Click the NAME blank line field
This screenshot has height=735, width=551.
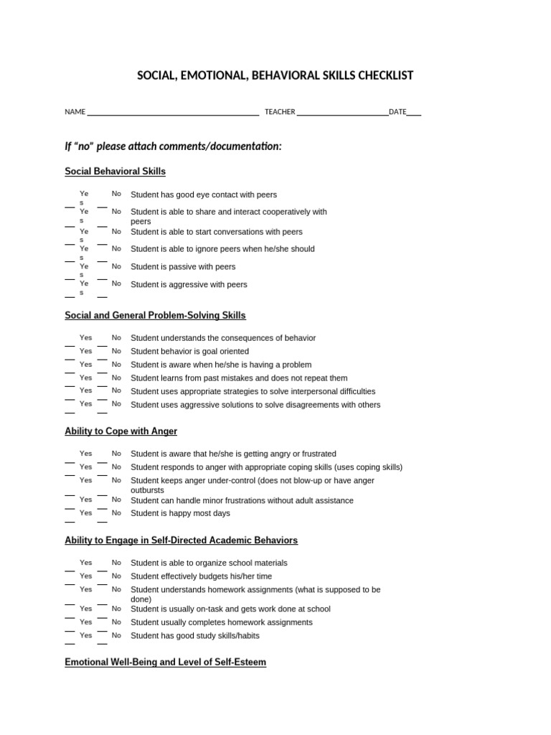coord(172,113)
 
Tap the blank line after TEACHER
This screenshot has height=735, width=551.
coord(342,113)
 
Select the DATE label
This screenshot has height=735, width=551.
coord(397,112)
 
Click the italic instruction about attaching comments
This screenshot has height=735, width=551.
coord(173,146)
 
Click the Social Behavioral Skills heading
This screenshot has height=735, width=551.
coord(115,172)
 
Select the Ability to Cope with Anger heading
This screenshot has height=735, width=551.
coord(121,431)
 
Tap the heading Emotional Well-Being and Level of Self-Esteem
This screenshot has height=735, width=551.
coord(165,663)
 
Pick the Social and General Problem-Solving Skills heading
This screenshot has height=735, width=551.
coord(155,315)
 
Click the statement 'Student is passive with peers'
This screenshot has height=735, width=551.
coord(183,267)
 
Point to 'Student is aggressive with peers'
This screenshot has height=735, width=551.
coord(189,285)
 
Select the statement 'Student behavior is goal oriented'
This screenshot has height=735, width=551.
coord(189,352)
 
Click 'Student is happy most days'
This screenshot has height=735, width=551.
coord(180,513)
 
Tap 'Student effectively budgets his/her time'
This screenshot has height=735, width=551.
coord(201,576)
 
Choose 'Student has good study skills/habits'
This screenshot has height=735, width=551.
coord(194,636)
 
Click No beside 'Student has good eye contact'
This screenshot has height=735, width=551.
coord(116,194)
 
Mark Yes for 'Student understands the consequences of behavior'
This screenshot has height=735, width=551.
coord(86,337)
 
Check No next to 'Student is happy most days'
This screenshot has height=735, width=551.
coord(116,512)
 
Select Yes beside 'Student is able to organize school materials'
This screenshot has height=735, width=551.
coord(86,563)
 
